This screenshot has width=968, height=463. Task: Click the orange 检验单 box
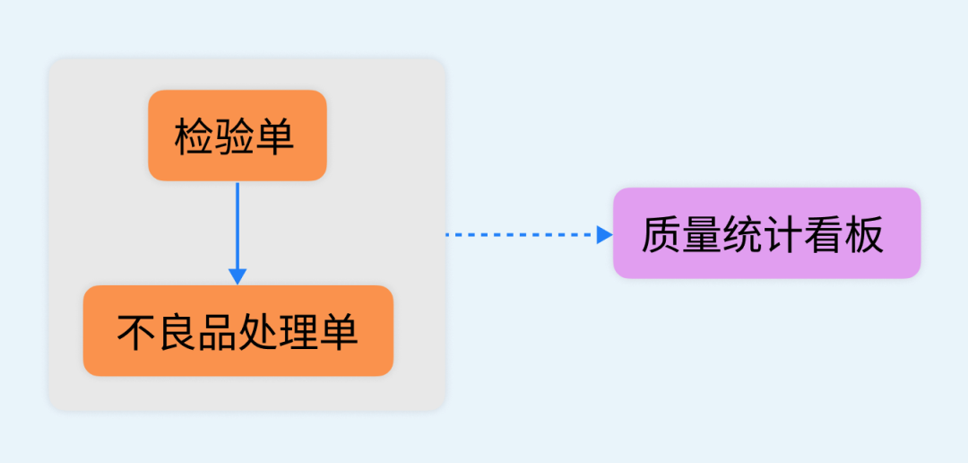[237, 135]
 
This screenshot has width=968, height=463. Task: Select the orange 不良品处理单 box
[238, 330]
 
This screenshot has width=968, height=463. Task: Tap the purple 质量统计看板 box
[766, 233]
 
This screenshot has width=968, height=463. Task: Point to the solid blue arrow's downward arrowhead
[238, 275]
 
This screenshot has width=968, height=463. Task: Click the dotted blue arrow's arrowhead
[604, 234]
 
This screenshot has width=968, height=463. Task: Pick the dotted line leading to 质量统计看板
[520, 234]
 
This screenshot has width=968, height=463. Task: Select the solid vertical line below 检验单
[238, 224]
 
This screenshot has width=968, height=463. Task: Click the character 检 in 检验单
[194, 138]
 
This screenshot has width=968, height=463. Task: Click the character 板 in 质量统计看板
[864, 235]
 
